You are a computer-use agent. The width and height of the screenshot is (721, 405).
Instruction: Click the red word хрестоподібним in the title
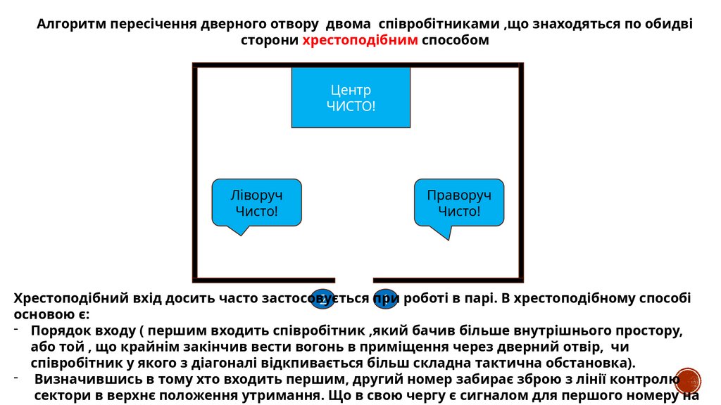point(360,40)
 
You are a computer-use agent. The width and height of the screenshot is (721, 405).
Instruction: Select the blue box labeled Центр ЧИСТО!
point(351,98)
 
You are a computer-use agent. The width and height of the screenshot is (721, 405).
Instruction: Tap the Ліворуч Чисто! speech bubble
point(256,202)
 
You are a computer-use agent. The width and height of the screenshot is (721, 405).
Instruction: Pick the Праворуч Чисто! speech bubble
point(459,202)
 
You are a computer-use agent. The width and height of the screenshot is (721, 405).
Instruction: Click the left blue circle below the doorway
point(322,298)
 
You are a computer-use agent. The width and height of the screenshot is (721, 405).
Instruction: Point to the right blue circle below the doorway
point(386,298)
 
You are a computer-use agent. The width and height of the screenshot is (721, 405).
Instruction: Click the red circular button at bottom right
point(688,380)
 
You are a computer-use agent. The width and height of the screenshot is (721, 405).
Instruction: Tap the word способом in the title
point(455,40)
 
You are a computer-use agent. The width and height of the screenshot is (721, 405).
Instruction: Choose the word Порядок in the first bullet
point(58,330)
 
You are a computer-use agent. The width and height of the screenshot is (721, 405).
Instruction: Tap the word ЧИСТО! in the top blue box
point(351,106)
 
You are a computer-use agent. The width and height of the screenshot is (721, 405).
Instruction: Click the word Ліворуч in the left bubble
point(256,195)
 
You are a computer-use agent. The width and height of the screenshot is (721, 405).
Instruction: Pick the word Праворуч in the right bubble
point(459,195)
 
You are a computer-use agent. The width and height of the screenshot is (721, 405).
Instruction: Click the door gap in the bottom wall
point(353,279)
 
